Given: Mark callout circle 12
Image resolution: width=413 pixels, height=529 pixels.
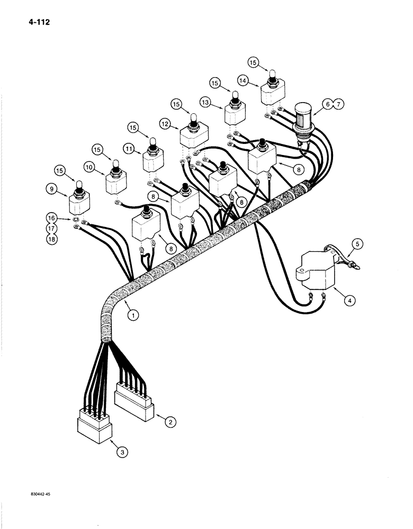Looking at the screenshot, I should coord(166,123).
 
